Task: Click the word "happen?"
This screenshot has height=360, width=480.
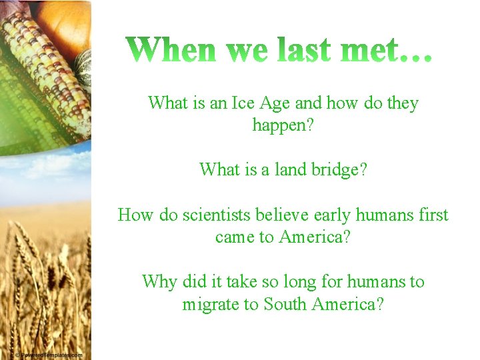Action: click(x=283, y=125)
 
